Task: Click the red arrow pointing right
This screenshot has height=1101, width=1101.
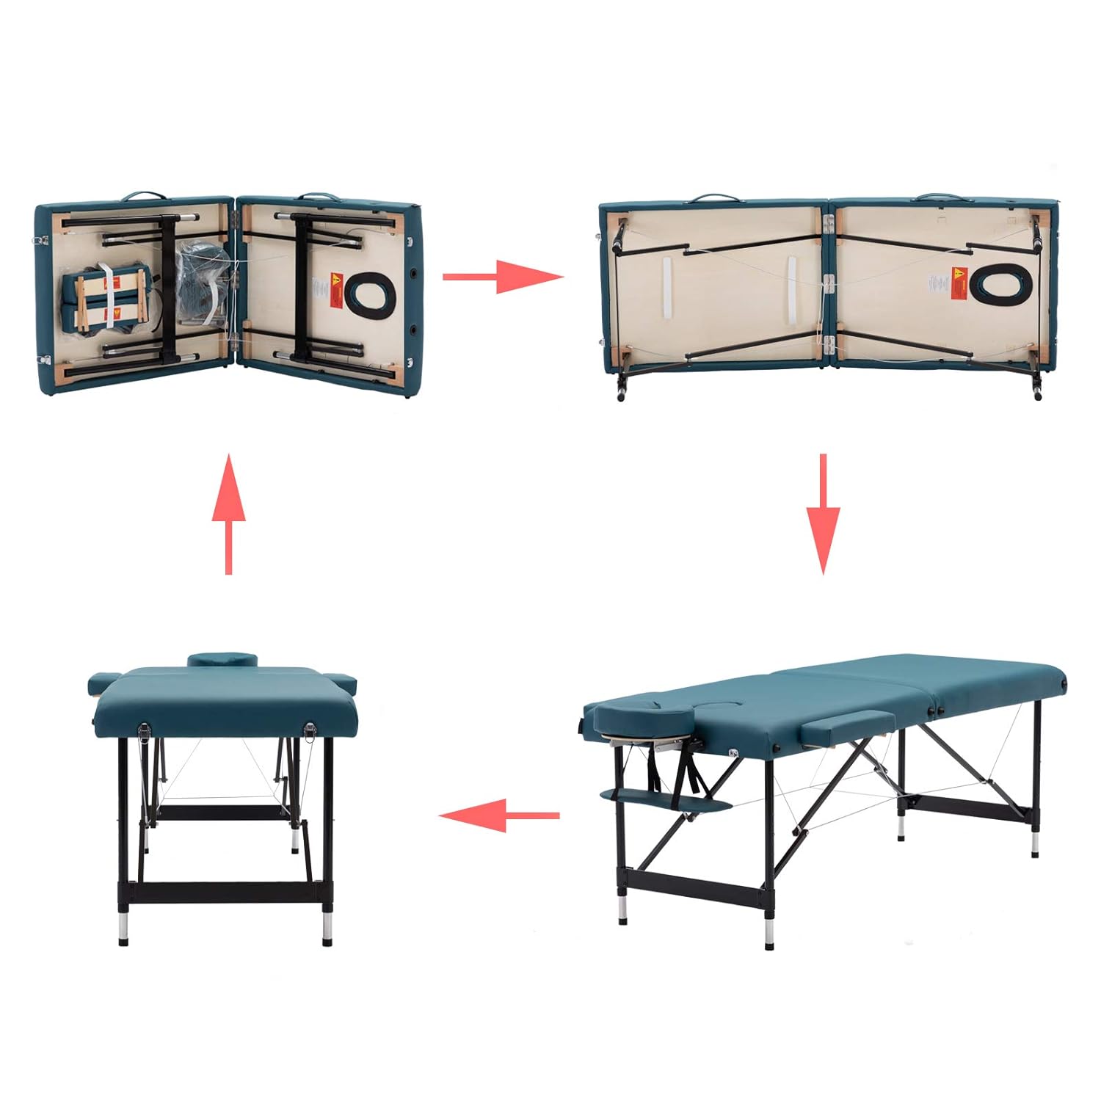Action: tap(502, 277)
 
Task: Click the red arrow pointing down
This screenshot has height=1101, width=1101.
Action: tap(823, 513)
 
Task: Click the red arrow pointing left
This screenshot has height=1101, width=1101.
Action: tap(499, 815)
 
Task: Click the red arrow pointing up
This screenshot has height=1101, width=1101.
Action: tap(229, 513)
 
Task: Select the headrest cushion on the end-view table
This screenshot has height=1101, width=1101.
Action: tap(222, 659)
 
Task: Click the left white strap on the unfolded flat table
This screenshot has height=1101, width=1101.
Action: tap(667, 288)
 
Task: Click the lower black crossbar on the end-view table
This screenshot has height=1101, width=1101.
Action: tap(230, 892)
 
